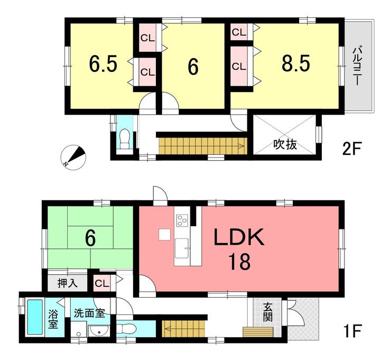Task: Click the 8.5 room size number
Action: point(296,63)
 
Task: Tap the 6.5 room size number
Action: point(103,64)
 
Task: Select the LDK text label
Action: point(239,237)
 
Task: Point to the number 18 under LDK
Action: point(239,261)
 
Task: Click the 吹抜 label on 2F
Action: point(285,144)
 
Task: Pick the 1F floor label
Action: point(351,331)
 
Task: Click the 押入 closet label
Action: point(67,283)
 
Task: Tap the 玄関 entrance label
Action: point(267,312)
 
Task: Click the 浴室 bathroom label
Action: point(53,319)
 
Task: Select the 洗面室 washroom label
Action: point(89,313)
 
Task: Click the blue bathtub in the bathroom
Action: point(35,317)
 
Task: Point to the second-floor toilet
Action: point(124,140)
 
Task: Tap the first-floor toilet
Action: point(126,328)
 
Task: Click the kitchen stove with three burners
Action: point(182,220)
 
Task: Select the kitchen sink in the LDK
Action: point(182,248)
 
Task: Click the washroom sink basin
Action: point(98,331)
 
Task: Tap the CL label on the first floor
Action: point(102,283)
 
